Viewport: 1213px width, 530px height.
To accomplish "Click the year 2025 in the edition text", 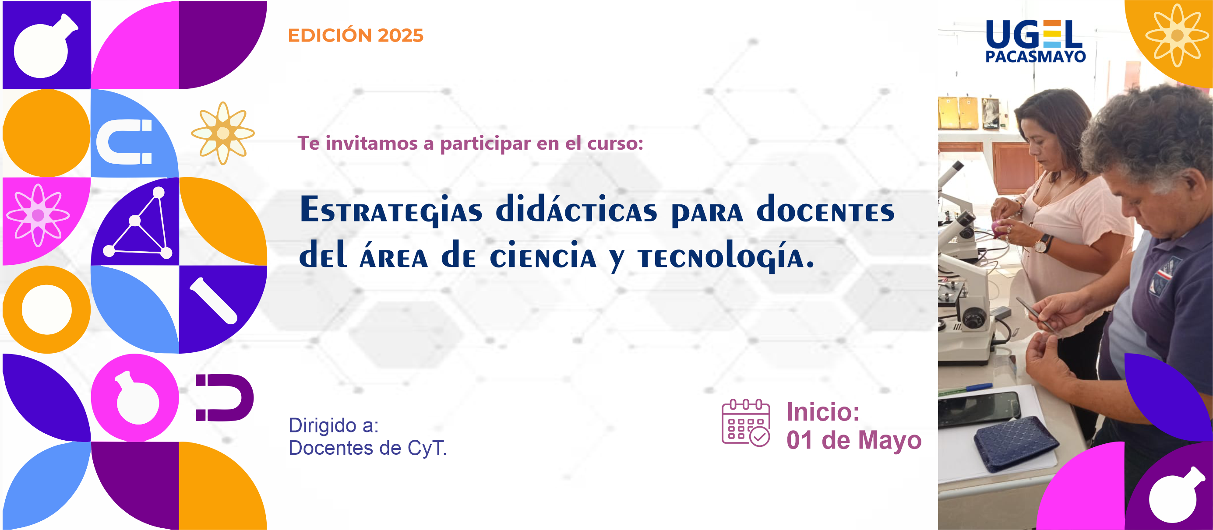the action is (x=400, y=36).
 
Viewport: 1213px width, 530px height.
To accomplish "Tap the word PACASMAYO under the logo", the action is (x=1036, y=56).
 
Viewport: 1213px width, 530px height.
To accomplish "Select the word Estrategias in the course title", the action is (x=391, y=210).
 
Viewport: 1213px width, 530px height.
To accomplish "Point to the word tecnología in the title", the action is (x=726, y=256).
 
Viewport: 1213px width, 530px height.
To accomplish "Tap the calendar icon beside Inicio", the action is (x=746, y=423).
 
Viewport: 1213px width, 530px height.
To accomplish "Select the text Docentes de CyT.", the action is (x=367, y=448).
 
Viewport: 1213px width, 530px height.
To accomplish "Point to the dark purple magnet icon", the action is (x=225, y=398).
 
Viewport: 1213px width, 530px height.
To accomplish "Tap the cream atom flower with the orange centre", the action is (x=223, y=133).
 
